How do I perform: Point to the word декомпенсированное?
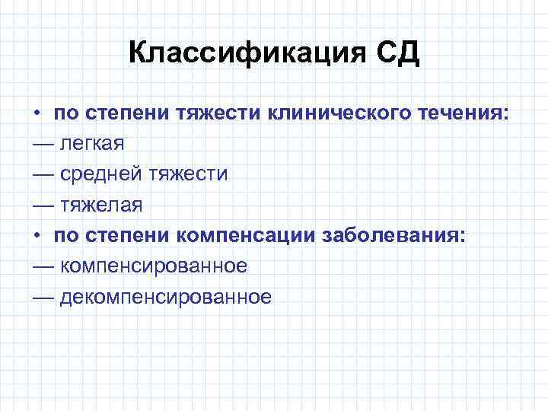tap(165, 296)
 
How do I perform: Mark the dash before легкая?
tap(43, 144)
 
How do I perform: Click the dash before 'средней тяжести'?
tap(43, 174)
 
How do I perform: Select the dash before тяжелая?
tap(43, 205)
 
